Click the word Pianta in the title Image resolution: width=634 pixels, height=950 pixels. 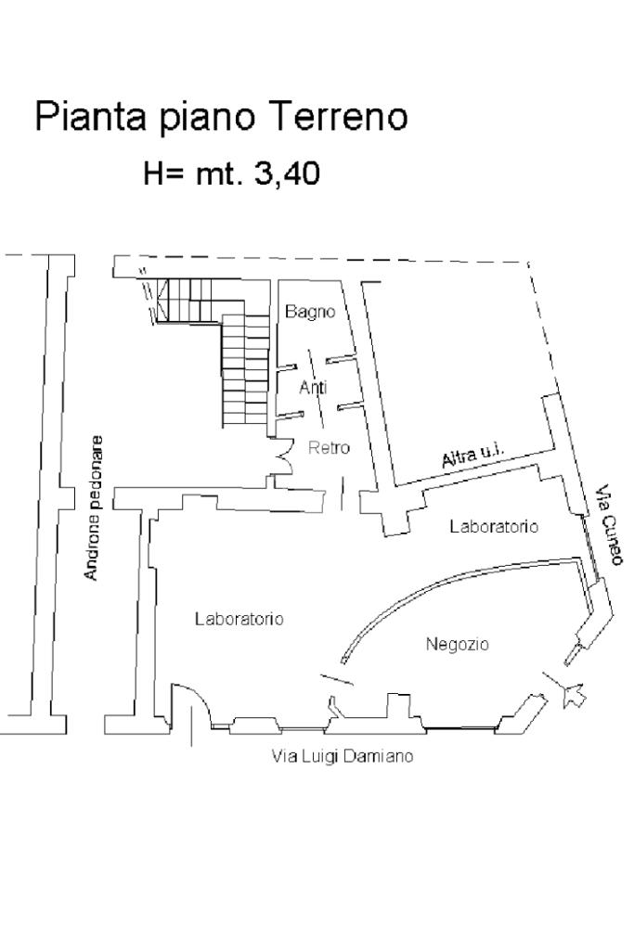click(x=90, y=116)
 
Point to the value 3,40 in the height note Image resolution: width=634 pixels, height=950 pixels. click(x=287, y=173)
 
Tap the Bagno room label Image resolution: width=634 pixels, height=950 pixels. click(x=310, y=312)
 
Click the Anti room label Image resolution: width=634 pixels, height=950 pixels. click(x=314, y=387)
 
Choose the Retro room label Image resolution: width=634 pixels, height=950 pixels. click(x=330, y=448)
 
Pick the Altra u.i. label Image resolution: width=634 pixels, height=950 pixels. click(x=473, y=453)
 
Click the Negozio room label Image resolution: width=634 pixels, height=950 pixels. click(x=457, y=644)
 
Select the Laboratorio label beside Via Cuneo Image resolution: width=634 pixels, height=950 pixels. click(x=494, y=526)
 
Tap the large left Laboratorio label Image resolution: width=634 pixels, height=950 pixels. click(x=239, y=619)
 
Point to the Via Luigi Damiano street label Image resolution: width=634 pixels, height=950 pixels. click(x=343, y=756)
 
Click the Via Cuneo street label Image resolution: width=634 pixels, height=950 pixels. click(x=609, y=525)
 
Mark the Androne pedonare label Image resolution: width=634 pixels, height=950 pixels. click(x=94, y=507)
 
